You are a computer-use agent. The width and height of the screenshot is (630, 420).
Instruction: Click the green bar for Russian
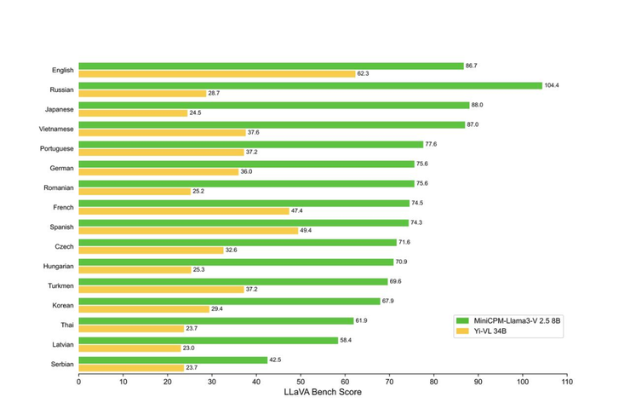tap(311, 85)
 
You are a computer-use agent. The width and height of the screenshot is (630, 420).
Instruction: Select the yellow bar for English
tap(217, 74)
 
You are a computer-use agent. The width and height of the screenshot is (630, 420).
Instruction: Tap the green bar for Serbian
tap(173, 360)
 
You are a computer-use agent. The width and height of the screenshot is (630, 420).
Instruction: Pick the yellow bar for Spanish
tap(188, 231)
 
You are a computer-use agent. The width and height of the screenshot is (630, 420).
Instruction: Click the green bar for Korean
tap(229, 301)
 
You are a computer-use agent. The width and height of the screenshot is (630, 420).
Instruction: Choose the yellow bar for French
tap(184, 211)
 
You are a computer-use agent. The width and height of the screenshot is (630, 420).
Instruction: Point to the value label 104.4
tap(553, 85)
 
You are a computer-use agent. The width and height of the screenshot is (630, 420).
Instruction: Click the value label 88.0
tap(477, 105)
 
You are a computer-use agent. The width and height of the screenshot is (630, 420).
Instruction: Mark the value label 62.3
tap(363, 74)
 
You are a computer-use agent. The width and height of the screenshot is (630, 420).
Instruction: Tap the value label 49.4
tap(306, 231)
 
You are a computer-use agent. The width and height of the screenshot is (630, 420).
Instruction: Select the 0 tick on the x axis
tap(79, 382)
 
